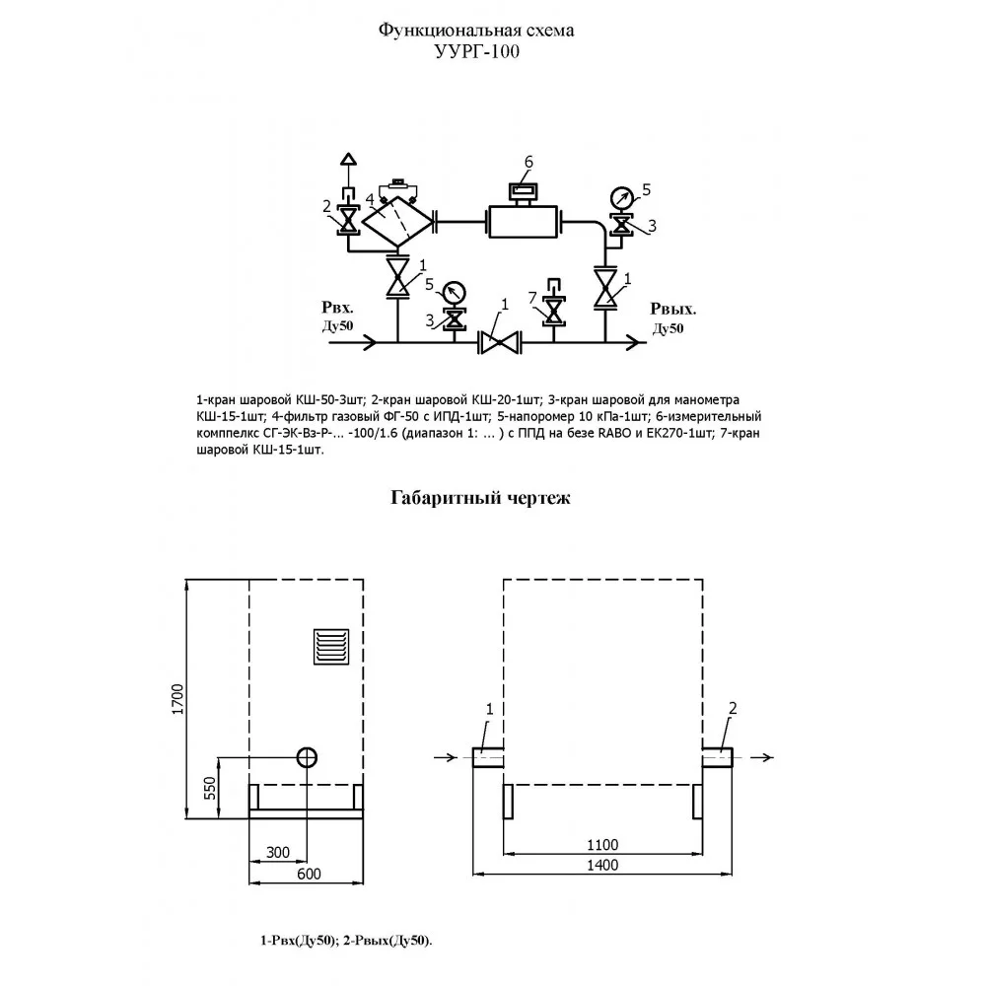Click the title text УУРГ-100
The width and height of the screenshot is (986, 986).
click(477, 51)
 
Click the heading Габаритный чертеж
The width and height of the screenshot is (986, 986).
click(480, 498)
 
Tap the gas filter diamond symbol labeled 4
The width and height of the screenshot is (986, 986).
click(398, 221)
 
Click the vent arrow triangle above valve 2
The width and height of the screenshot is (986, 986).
click(348, 159)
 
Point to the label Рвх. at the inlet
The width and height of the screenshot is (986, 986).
click(337, 308)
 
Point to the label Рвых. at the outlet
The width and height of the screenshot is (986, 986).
click(672, 309)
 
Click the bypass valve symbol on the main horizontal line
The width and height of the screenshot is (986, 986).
click(500, 343)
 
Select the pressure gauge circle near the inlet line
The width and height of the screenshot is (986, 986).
click(454, 293)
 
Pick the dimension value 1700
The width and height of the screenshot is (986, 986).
click(177, 699)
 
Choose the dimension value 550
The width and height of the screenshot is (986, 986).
click(209, 788)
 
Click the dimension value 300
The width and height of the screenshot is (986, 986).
click(277, 852)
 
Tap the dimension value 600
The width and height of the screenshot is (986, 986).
click(309, 874)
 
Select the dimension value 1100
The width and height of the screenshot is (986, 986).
click(602, 845)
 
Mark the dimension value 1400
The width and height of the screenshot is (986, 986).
click(602, 865)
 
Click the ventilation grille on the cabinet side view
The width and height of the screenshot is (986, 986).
click(331, 646)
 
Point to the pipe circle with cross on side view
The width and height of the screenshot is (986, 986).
click(307, 757)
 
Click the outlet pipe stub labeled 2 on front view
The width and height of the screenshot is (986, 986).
click(718, 757)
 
